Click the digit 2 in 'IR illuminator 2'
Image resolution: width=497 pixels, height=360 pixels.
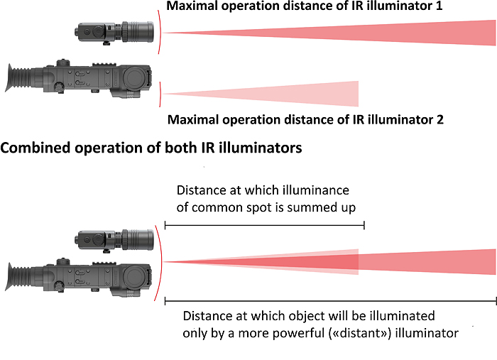pos(440,119)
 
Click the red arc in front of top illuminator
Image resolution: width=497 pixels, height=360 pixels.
pos(160,32)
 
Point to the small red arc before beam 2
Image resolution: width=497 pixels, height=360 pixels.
pos(163,93)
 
